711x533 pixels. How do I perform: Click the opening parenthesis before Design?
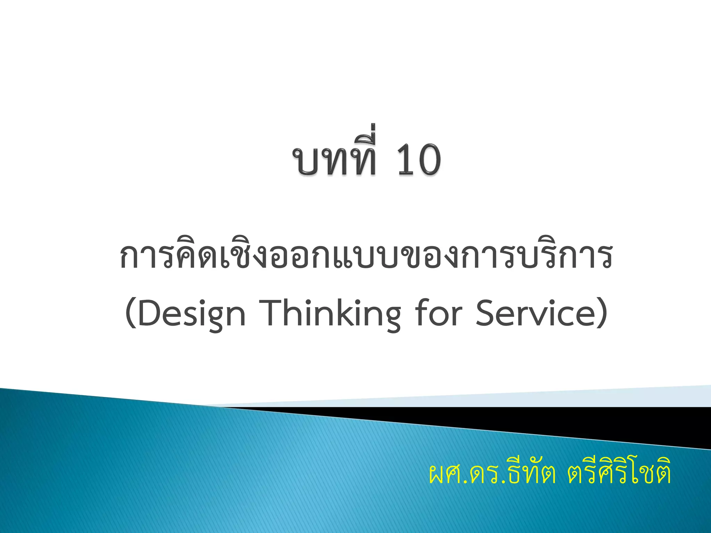(131, 313)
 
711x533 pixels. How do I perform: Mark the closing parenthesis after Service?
(602, 313)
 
